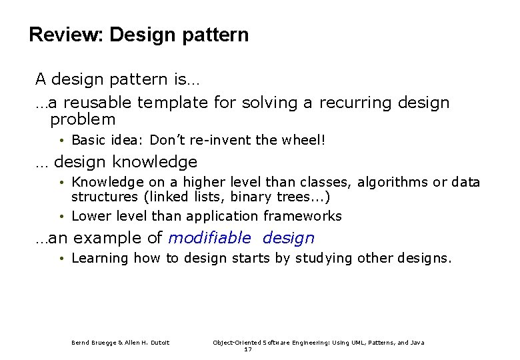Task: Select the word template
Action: (x=173, y=103)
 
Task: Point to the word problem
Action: (x=83, y=121)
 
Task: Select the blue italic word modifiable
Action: (x=210, y=238)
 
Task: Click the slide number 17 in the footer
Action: (x=247, y=349)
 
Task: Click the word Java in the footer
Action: (x=417, y=343)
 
